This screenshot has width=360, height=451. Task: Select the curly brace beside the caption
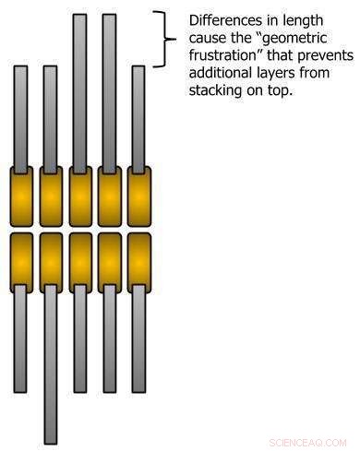(166, 39)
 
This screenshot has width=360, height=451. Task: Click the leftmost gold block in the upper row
(21, 196)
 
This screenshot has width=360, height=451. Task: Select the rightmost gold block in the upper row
(138, 196)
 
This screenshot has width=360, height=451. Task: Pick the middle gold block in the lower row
(80, 262)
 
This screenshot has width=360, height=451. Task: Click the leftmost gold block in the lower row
(21, 262)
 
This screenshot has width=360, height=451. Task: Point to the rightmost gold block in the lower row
(138, 262)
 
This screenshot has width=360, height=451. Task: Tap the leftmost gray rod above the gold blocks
(21, 115)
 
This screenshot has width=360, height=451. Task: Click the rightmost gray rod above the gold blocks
(138, 115)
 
